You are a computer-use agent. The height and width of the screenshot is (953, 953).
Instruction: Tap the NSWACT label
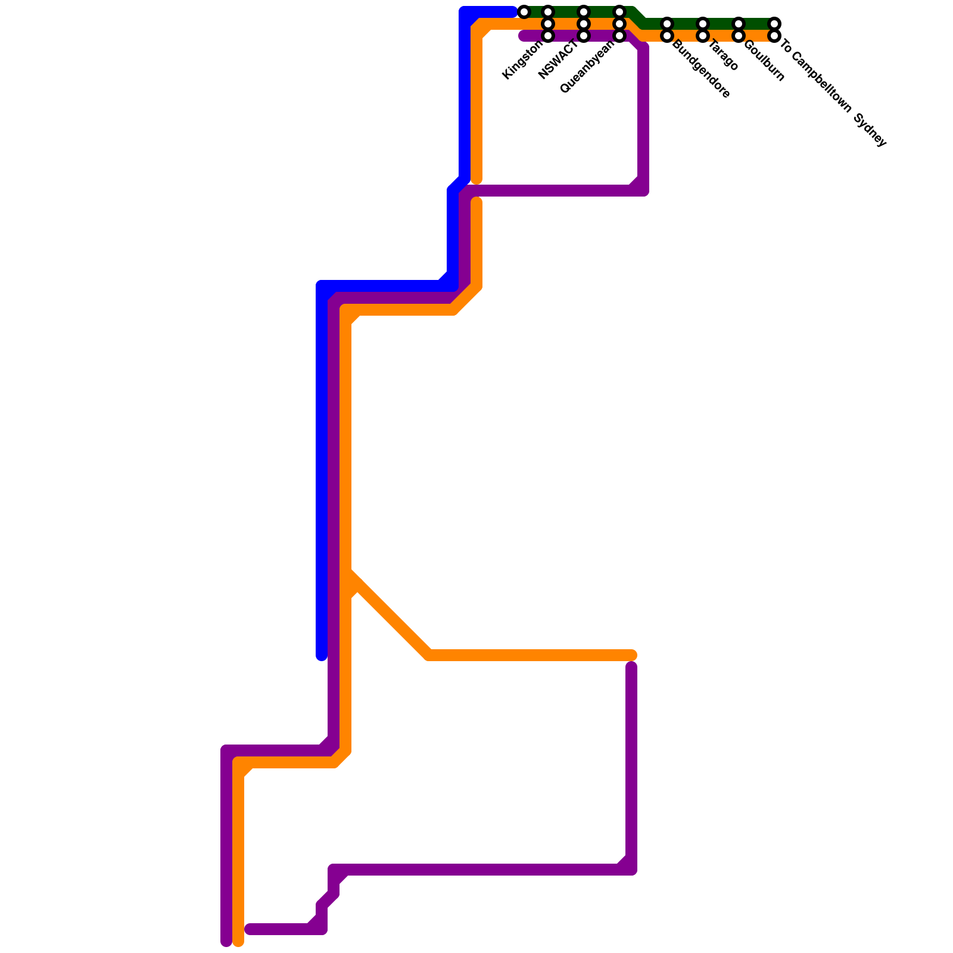click(558, 60)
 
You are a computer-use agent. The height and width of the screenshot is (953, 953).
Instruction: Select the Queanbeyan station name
click(588, 67)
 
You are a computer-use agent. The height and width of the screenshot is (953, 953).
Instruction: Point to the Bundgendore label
click(701, 69)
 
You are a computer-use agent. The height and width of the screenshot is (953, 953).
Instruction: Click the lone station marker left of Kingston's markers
click(524, 12)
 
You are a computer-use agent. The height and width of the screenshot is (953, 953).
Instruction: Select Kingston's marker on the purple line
click(548, 36)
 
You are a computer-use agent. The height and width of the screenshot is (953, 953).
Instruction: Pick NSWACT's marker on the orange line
click(584, 24)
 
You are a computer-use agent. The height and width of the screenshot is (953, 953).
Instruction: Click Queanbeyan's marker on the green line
click(619, 12)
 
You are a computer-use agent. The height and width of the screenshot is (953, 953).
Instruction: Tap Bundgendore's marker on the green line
click(667, 24)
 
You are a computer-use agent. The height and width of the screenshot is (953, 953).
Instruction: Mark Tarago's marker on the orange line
click(703, 36)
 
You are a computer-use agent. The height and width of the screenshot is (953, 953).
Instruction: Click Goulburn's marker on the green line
click(739, 24)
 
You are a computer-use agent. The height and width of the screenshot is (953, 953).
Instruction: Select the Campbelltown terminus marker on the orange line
click(774, 36)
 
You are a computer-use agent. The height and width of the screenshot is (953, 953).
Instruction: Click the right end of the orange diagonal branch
click(633, 655)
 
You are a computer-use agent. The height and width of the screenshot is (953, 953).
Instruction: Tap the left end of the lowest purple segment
click(249, 929)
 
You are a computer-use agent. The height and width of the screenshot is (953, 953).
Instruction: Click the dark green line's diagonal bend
click(639, 18)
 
